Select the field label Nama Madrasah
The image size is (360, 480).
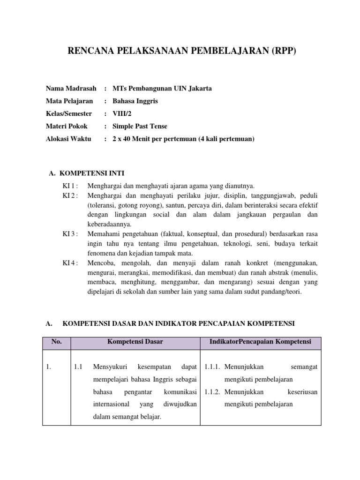click(x=71, y=88)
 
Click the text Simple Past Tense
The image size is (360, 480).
click(x=140, y=126)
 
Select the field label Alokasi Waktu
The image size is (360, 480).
click(x=69, y=139)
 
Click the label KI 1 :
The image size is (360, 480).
click(x=71, y=186)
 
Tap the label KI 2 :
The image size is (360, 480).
click(x=71, y=195)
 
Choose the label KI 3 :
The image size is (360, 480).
click(x=71, y=233)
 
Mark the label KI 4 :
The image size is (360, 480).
click(x=71, y=262)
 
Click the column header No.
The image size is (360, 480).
click(x=57, y=342)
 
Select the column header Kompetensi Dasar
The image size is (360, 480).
click(x=135, y=342)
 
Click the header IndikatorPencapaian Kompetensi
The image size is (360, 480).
click(x=261, y=342)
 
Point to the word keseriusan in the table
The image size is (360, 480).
click(x=302, y=391)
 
